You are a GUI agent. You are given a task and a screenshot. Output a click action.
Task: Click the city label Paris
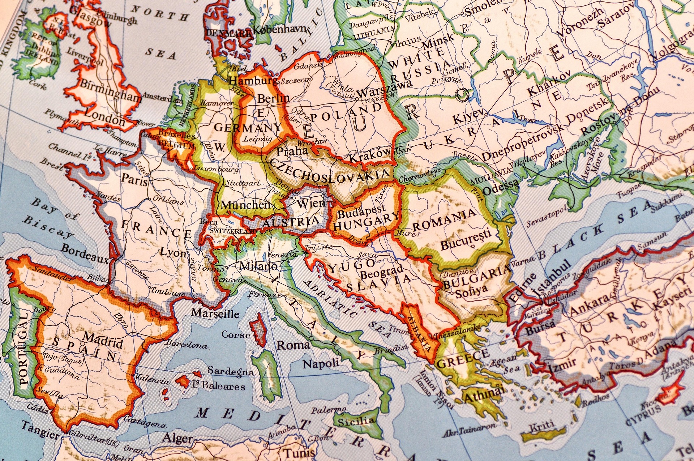[134, 179]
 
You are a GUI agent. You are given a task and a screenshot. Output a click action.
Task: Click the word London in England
[104, 118]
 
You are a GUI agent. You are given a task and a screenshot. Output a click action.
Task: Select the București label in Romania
[466, 240]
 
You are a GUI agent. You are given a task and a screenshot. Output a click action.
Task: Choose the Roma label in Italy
[293, 345]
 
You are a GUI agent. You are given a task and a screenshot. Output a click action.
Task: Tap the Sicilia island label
[356, 421]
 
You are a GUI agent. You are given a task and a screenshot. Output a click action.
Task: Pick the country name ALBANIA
[419, 333]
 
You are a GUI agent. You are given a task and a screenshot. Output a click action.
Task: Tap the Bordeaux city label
[85, 253]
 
